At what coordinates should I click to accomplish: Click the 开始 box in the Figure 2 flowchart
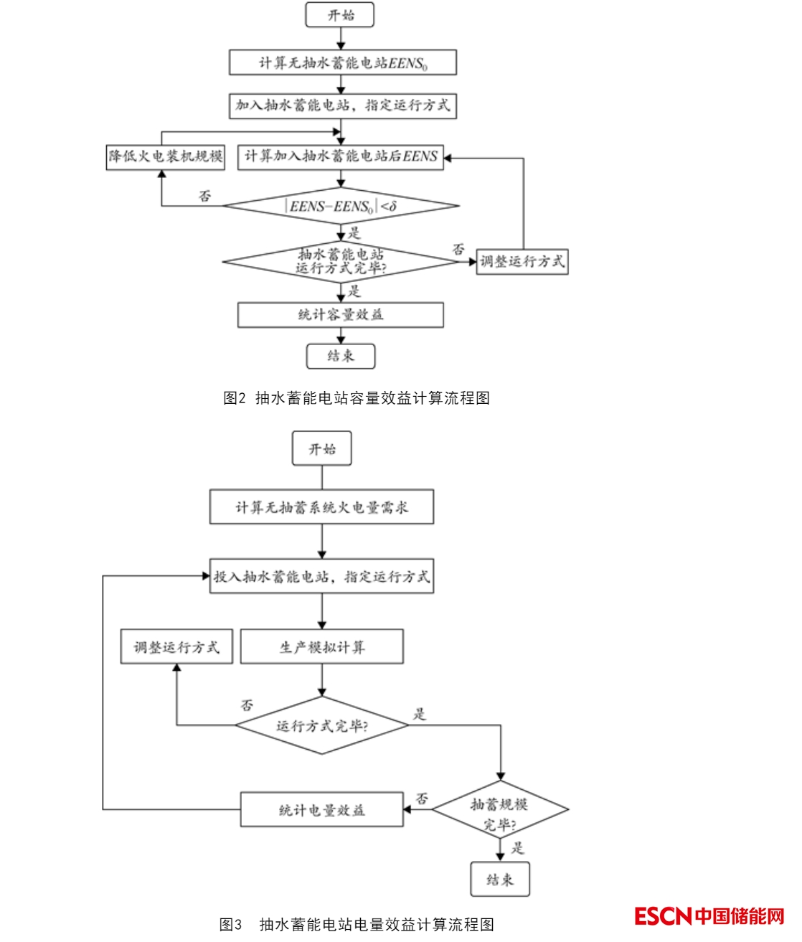pos(340,15)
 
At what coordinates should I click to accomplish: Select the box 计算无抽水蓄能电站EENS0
pos(343,63)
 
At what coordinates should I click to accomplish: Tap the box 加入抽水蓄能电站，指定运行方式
pos(343,105)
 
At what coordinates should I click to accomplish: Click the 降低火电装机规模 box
pos(166,156)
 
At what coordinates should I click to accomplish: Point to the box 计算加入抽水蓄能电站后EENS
pos(341,156)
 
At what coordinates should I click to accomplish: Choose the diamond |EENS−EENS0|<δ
pos(341,207)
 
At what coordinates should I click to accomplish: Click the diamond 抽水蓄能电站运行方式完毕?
pos(341,262)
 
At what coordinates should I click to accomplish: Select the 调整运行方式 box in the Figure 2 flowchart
pos(522,262)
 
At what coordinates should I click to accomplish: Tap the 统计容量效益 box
pos(341,314)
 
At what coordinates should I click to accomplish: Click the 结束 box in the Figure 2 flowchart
pos(341,356)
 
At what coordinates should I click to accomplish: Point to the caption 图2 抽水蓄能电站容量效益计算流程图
pos(357,398)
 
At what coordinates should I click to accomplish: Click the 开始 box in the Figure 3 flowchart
pos(322,450)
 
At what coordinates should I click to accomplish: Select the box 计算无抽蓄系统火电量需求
pos(322,507)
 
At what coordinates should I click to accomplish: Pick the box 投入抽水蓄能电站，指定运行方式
pos(322,576)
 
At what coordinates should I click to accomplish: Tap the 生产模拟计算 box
pos(322,647)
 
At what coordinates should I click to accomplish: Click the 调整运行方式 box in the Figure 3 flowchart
pos(176,647)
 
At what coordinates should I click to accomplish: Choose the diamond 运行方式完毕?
pos(322,725)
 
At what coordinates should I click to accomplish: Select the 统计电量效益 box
pos(321,810)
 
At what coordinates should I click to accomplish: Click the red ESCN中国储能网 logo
pos(709,916)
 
